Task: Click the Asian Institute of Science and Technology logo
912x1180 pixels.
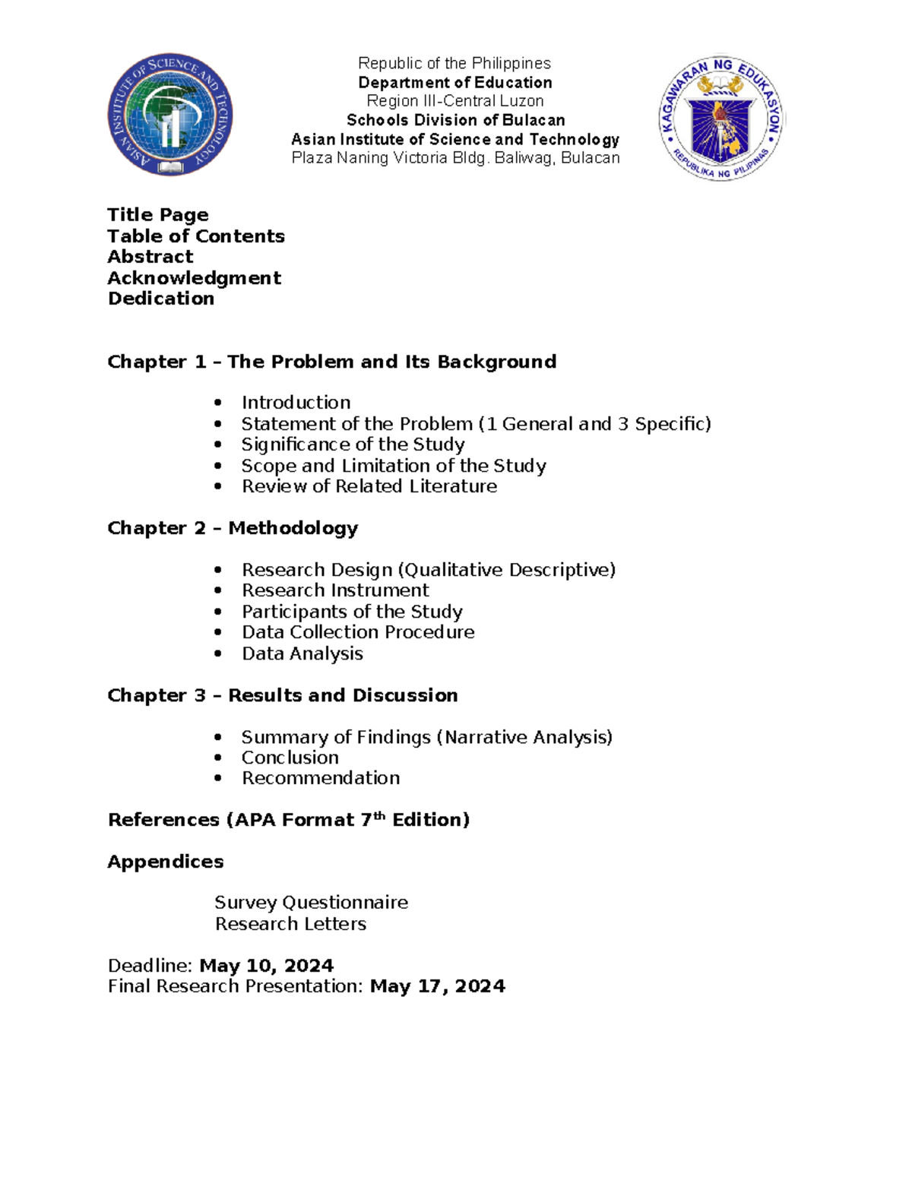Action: point(169,115)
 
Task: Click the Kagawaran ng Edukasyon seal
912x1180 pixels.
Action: point(720,118)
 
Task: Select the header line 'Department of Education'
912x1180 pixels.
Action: point(455,82)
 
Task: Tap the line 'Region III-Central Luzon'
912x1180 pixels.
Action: point(455,101)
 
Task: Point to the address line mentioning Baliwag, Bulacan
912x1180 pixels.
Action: point(455,158)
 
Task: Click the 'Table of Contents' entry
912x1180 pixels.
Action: point(196,236)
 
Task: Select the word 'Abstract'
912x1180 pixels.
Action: point(150,257)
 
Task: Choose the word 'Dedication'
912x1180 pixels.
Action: point(161,299)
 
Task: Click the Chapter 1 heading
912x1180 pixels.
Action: point(331,362)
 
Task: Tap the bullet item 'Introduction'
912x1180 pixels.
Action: point(296,403)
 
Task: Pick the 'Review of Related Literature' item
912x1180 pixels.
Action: point(369,486)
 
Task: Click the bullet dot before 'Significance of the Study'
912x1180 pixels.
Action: point(218,444)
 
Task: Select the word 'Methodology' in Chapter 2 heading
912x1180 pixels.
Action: point(293,528)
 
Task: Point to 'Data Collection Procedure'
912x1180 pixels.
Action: point(358,632)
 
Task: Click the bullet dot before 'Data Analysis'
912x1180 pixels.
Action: point(218,653)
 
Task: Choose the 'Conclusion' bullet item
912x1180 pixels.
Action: point(290,758)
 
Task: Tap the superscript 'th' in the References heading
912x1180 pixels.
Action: point(379,816)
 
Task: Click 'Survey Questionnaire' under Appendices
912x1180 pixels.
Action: point(311,903)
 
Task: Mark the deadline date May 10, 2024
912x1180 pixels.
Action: point(266,966)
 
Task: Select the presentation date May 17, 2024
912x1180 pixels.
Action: point(437,986)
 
